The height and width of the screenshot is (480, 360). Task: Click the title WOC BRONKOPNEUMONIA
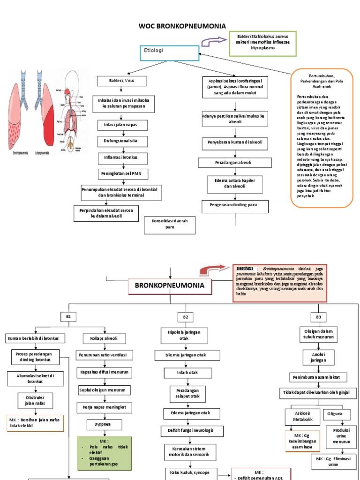[182, 26]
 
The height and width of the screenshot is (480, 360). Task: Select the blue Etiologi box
[169, 53]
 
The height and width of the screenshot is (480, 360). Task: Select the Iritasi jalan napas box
[122, 125]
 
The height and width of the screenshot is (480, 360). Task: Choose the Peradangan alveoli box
[235, 163]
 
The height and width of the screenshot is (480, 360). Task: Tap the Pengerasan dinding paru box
[235, 206]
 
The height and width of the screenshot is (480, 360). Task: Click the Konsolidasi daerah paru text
[166, 224]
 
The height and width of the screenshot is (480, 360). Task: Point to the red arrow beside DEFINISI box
[214, 270]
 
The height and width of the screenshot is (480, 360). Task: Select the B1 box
[68, 317]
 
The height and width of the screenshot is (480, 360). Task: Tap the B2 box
[185, 317]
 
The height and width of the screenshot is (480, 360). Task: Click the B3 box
[318, 317]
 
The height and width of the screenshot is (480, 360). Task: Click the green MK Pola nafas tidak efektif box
[104, 453]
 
